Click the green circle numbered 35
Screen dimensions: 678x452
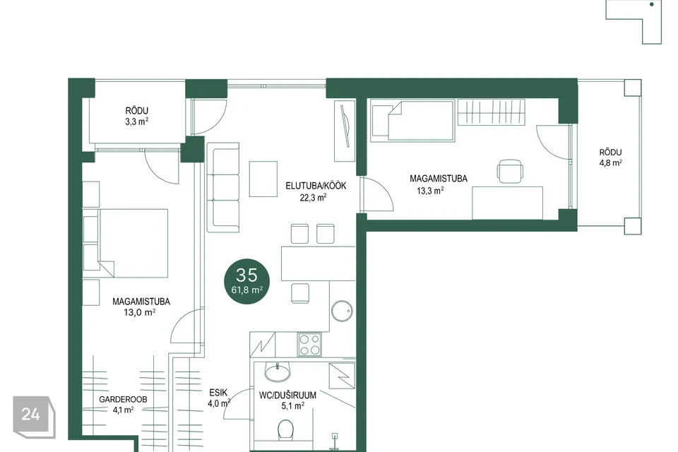point(247,281)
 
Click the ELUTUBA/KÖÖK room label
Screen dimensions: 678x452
point(316,186)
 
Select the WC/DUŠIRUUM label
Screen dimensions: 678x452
point(287,395)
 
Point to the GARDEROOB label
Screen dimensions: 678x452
point(123,399)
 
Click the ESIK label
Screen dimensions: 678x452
point(218,393)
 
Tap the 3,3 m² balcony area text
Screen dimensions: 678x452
point(136,121)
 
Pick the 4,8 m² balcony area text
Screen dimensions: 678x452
point(610,163)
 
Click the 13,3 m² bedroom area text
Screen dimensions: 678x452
point(430,191)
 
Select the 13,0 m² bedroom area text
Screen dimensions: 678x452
point(140,312)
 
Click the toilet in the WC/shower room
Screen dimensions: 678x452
point(286,429)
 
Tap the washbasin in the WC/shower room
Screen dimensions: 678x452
point(277,372)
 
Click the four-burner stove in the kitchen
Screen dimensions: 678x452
point(309,345)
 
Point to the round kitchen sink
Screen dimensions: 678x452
point(342,311)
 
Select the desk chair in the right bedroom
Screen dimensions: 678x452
point(510,172)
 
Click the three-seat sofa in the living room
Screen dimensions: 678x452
point(223,187)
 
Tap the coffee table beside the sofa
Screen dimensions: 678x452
point(263,179)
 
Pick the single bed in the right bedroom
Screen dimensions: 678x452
point(412,121)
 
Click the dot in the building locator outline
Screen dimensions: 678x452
point(652,5)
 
